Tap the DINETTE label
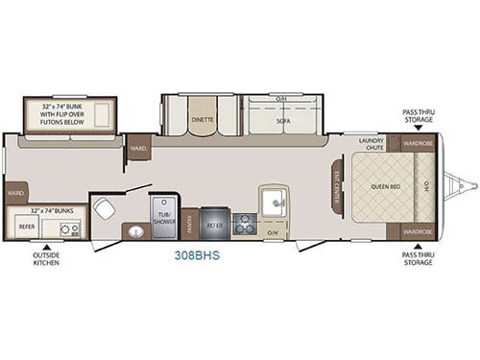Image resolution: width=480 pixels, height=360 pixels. point(202,120)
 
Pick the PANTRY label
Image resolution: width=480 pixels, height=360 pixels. point(190,225)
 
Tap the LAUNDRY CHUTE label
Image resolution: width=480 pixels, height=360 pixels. point(372,145)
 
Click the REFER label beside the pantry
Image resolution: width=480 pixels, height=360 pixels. point(215,225)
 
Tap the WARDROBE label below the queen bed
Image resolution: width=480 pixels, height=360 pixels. point(418,232)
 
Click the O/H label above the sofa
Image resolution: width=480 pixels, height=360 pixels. point(281,99)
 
